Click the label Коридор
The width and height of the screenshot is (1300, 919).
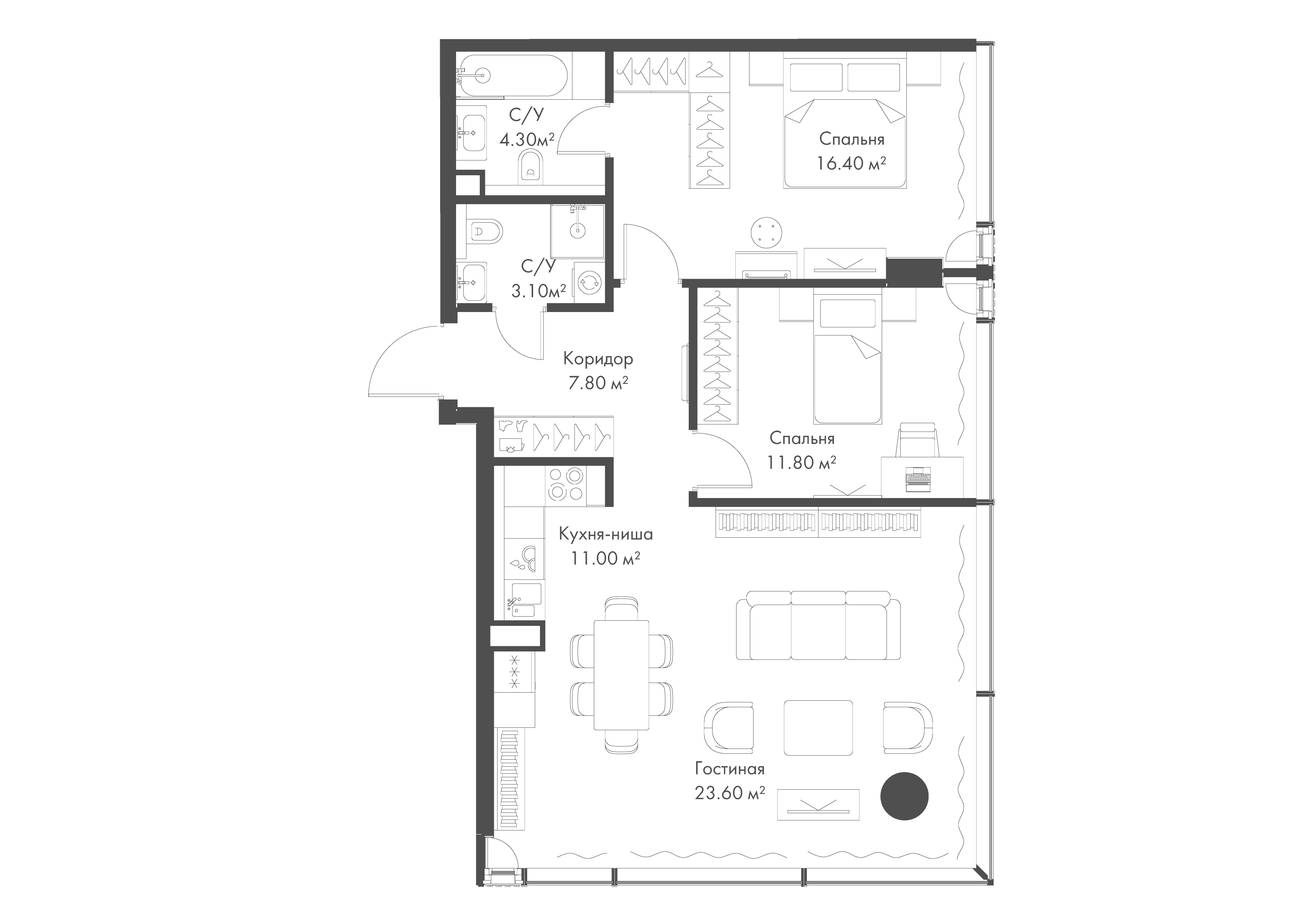coord(598,359)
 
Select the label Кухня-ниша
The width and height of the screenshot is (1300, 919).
coord(605,534)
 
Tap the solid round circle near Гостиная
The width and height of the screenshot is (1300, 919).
coord(904,796)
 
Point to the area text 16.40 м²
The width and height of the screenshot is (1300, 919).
coord(851,164)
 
